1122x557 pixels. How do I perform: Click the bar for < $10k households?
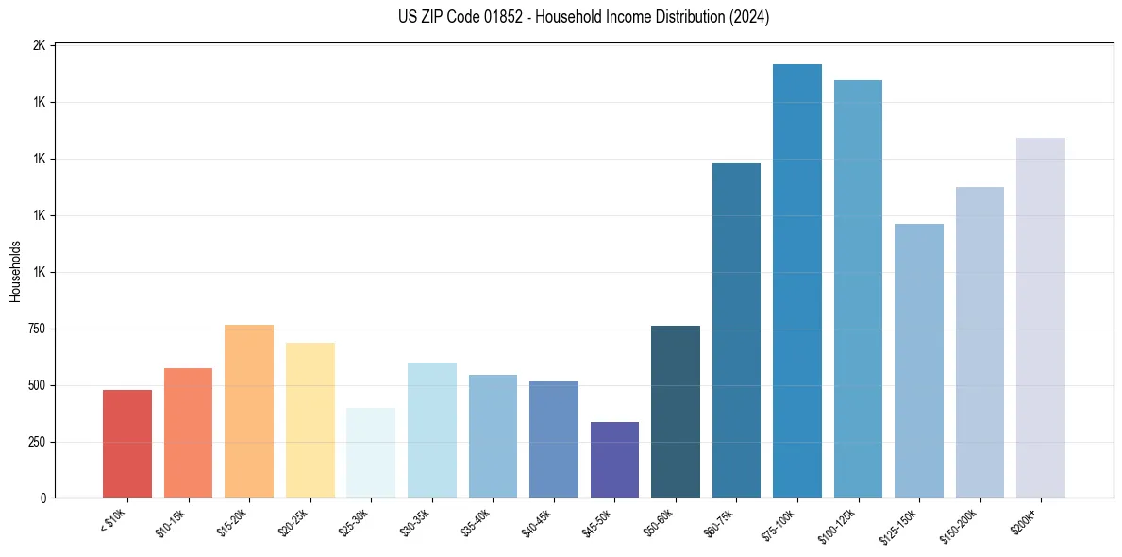pyautogui.click(x=126, y=444)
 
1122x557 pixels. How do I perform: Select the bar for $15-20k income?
pyautogui.click(x=249, y=412)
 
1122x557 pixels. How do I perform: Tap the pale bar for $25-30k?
pyautogui.click(x=371, y=453)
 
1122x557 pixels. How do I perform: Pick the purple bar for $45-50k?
pyautogui.click(x=614, y=460)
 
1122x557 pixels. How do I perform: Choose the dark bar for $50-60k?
pyautogui.click(x=676, y=412)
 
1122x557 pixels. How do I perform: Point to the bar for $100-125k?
pyautogui.click(x=858, y=289)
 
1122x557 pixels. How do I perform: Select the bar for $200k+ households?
pyautogui.click(x=1041, y=318)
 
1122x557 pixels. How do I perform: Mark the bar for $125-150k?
pyautogui.click(x=919, y=361)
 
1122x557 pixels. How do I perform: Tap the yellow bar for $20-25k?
pyautogui.click(x=310, y=420)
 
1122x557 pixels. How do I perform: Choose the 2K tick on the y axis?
pyautogui.click(x=40, y=45)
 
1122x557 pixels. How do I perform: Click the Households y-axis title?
pyautogui.click(x=15, y=271)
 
